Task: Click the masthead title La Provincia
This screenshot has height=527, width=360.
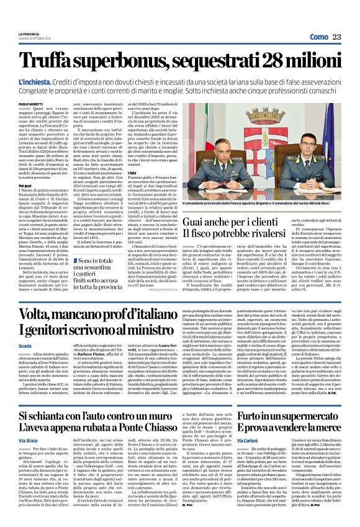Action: [29, 34]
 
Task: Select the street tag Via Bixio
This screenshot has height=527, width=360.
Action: [29, 441]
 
